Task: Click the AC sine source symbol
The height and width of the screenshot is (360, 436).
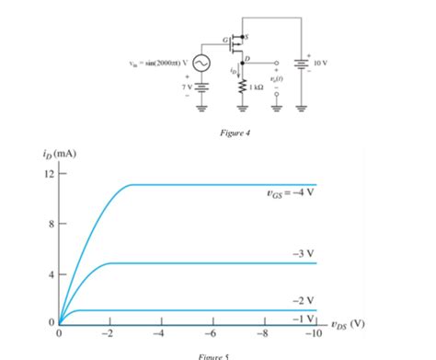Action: click(x=200, y=64)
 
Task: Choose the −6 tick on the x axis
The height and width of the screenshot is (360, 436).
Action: click(x=211, y=334)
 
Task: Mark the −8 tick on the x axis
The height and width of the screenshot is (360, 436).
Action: click(x=262, y=334)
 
